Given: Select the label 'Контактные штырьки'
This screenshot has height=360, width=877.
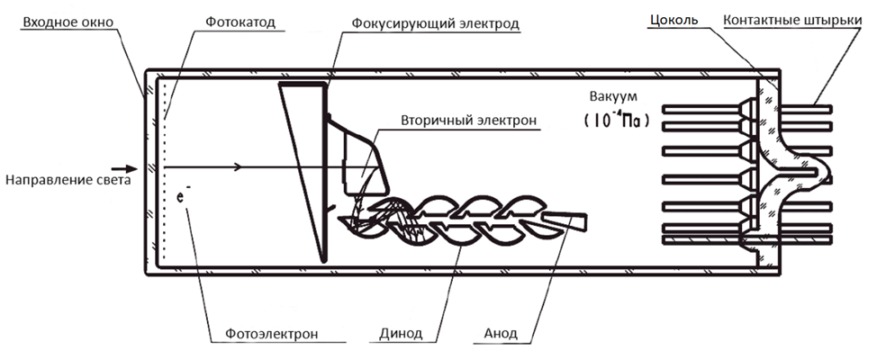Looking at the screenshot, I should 797,20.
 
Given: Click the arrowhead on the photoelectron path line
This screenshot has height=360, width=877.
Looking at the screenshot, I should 237,166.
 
